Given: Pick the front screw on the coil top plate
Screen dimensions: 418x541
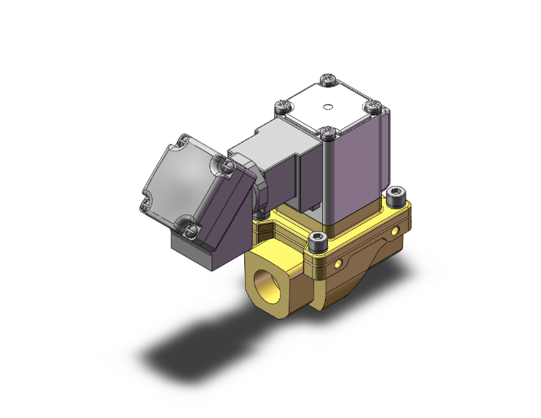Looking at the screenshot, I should (x=329, y=132).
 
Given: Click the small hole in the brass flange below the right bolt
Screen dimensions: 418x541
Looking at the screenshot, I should (x=396, y=231).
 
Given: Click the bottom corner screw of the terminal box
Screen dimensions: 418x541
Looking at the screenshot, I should (x=191, y=230).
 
